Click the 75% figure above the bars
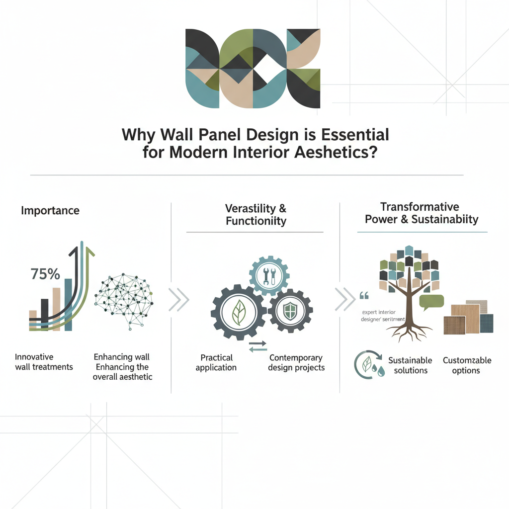click(45, 274)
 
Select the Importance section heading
click(50, 210)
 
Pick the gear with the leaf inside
click(239, 313)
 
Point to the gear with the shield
click(290, 311)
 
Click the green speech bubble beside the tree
click(431, 301)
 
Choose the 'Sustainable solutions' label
click(410, 365)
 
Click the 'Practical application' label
click(217, 362)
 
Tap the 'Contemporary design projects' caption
click(296, 362)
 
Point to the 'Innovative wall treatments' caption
click(44, 362)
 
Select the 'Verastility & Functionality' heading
click(256, 214)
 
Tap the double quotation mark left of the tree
click(363, 297)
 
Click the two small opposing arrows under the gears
click(257, 345)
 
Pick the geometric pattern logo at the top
click(253, 69)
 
